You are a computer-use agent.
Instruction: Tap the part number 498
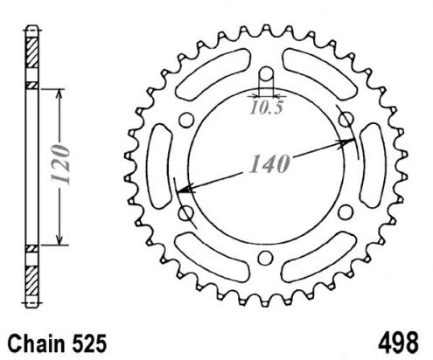tap(398, 343)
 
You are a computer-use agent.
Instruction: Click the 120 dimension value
tap(60, 164)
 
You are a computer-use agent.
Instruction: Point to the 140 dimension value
tap(269, 163)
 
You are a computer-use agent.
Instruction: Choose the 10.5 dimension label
tap(266, 107)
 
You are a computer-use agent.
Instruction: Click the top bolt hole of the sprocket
tap(266, 73)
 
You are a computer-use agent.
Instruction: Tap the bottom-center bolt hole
tap(265, 258)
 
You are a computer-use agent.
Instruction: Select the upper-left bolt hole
tap(186, 120)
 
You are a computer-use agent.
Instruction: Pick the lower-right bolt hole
tap(346, 212)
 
